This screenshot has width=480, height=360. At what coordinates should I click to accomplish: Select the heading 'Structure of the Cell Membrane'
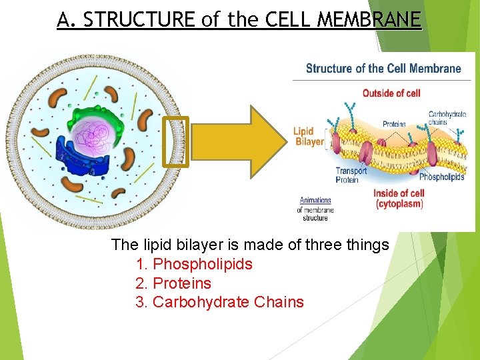point(383,68)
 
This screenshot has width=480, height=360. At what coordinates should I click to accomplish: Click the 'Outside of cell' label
point(391,93)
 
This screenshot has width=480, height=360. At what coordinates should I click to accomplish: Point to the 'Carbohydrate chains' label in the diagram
point(447,118)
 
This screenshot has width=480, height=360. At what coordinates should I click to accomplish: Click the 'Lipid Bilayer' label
point(308,136)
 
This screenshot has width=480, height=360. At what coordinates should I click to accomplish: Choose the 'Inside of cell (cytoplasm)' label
point(399,199)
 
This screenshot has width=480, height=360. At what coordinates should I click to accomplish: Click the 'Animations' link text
point(315,200)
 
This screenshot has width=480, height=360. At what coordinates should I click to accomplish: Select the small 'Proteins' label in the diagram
point(394,124)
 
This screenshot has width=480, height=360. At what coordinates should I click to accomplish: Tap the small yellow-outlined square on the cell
point(176,141)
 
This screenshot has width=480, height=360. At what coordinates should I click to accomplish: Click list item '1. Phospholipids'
point(194,264)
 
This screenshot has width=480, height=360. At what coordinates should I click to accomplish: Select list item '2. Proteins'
point(173,283)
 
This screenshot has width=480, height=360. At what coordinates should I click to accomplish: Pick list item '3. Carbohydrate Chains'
point(219,302)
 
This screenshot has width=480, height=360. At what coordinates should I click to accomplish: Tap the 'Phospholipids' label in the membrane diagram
point(441,177)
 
